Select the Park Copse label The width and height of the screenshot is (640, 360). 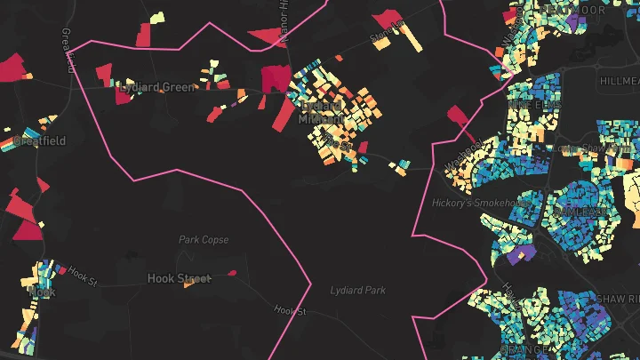coord(204,240)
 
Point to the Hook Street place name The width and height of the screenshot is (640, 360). coord(179,279)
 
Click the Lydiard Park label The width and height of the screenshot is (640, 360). coord(358,291)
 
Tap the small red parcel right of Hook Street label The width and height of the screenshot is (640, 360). coord(233,273)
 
